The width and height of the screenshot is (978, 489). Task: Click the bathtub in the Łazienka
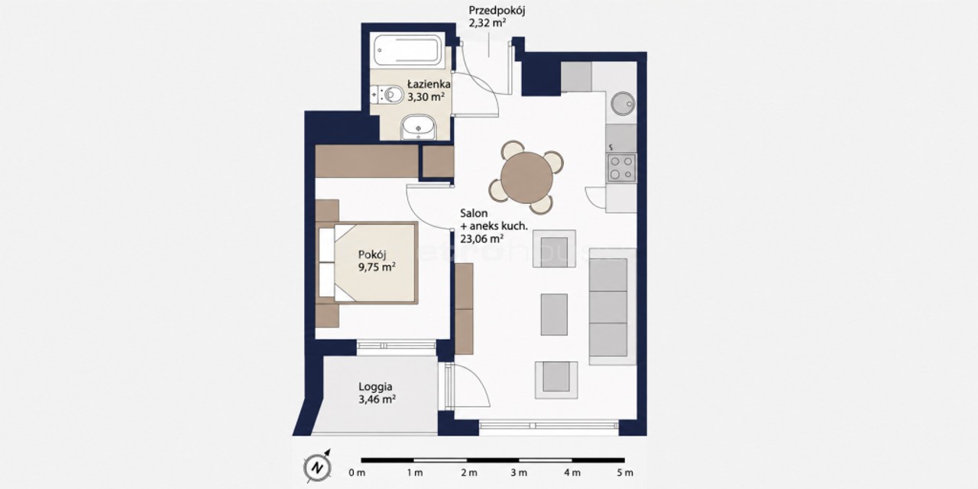[407, 50]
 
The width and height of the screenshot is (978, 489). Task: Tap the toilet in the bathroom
[387, 94]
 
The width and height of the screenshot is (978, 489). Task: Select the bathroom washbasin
[418, 128]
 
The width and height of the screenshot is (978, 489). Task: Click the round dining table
[526, 177]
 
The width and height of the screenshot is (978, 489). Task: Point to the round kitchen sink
[623, 103]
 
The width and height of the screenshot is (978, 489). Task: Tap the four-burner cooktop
[621, 167]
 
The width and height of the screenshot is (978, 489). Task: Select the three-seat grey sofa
[612, 306]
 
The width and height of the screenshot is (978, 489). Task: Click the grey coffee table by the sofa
[554, 314]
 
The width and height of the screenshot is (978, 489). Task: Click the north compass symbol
[317, 467]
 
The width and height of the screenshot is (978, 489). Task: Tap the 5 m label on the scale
[625, 472]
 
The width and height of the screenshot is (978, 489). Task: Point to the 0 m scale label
[357, 472]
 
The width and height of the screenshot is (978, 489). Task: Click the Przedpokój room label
[497, 11]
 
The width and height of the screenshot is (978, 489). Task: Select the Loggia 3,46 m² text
[377, 393]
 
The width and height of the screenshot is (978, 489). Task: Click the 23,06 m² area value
[482, 238]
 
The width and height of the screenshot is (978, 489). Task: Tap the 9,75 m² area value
[377, 267]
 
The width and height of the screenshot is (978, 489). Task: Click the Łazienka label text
[429, 84]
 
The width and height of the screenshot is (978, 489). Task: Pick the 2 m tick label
[469, 472]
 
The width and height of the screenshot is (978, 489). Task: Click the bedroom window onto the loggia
[397, 345]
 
